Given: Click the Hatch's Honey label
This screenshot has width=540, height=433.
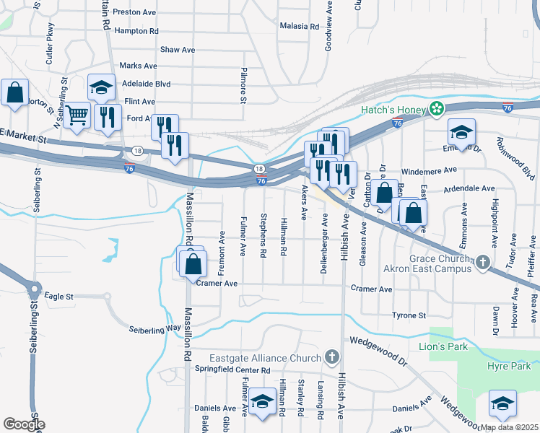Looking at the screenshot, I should [x=394, y=110].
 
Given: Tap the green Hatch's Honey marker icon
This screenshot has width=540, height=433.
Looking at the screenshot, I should [x=436, y=110].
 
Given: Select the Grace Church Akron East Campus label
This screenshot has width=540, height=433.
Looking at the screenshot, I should [x=430, y=263].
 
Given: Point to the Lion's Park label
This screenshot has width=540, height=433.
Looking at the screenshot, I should [x=443, y=346].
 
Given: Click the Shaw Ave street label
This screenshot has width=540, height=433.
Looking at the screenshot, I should [x=178, y=50].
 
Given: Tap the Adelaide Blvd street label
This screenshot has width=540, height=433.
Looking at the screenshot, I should [x=147, y=84].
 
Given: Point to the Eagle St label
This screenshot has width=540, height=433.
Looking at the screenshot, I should [x=59, y=297].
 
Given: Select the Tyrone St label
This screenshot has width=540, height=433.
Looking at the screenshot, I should [x=409, y=315].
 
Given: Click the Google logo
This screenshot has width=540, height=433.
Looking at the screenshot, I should [x=24, y=424].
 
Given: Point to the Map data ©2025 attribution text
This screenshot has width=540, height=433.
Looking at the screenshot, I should [x=509, y=427].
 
